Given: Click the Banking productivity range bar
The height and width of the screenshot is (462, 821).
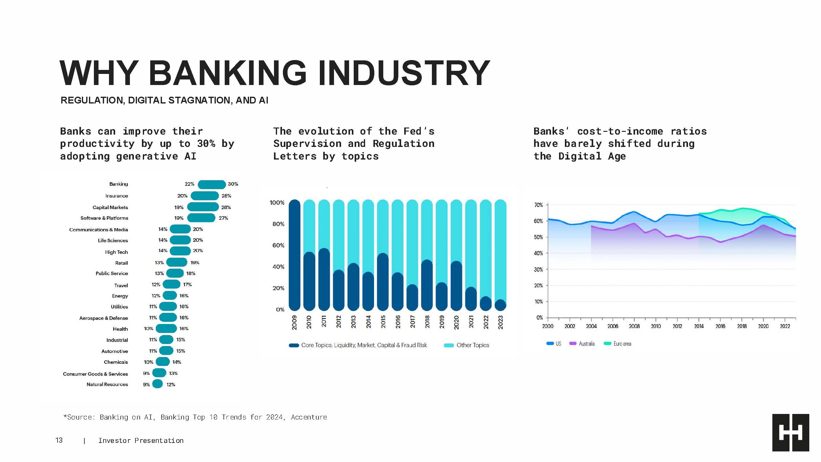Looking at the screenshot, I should pyautogui.click(x=211, y=184).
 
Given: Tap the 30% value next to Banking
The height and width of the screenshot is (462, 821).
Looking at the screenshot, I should pyautogui.click(x=233, y=184).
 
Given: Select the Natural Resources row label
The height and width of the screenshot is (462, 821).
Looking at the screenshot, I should pyautogui.click(x=107, y=384).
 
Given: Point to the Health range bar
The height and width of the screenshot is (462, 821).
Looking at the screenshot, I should pyautogui.click(x=166, y=328).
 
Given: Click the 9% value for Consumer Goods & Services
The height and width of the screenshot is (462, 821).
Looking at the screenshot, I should pyautogui.click(x=146, y=373).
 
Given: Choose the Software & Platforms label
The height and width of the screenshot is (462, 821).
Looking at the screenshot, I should pyautogui.click(x=104, y=218).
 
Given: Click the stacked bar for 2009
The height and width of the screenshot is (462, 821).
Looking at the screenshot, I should pyautogui.click(x=294, y=255).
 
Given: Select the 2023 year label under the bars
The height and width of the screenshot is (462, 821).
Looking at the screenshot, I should pyautogui.click(x=500, y=322).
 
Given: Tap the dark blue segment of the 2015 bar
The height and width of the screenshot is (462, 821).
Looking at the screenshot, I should pyautogui.click(x=382, y=282).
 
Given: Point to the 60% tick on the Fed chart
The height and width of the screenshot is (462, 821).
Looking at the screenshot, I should pyautogui.click(x=278, y=245).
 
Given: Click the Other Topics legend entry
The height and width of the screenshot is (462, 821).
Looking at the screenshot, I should pyautogui.click(x=472, y=345).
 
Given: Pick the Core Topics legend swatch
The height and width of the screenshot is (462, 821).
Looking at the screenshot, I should pyautogui.click(x=294, y=345).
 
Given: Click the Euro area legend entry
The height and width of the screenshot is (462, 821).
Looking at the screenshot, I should pyautogui.click(x=622, y=344).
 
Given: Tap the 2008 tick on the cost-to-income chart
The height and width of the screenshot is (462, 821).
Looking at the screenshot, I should pyautogui.click(x=634, y=326).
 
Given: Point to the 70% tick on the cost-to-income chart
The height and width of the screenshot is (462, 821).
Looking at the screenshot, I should pyautogui.click(x=538, y=205).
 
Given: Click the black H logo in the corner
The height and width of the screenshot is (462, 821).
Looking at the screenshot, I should pyautogui.click(x=791, y=432).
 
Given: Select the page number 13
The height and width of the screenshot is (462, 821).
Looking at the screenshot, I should pyautogui.click(x=59, y=440).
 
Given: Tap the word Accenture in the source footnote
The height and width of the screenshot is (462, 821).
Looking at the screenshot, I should pyautogui.click(x=308, y=417).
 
